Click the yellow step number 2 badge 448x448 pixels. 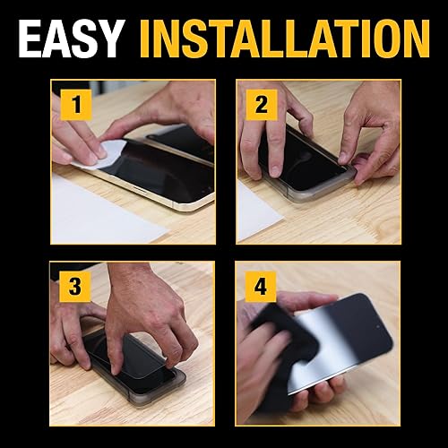[x=262, y=106]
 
